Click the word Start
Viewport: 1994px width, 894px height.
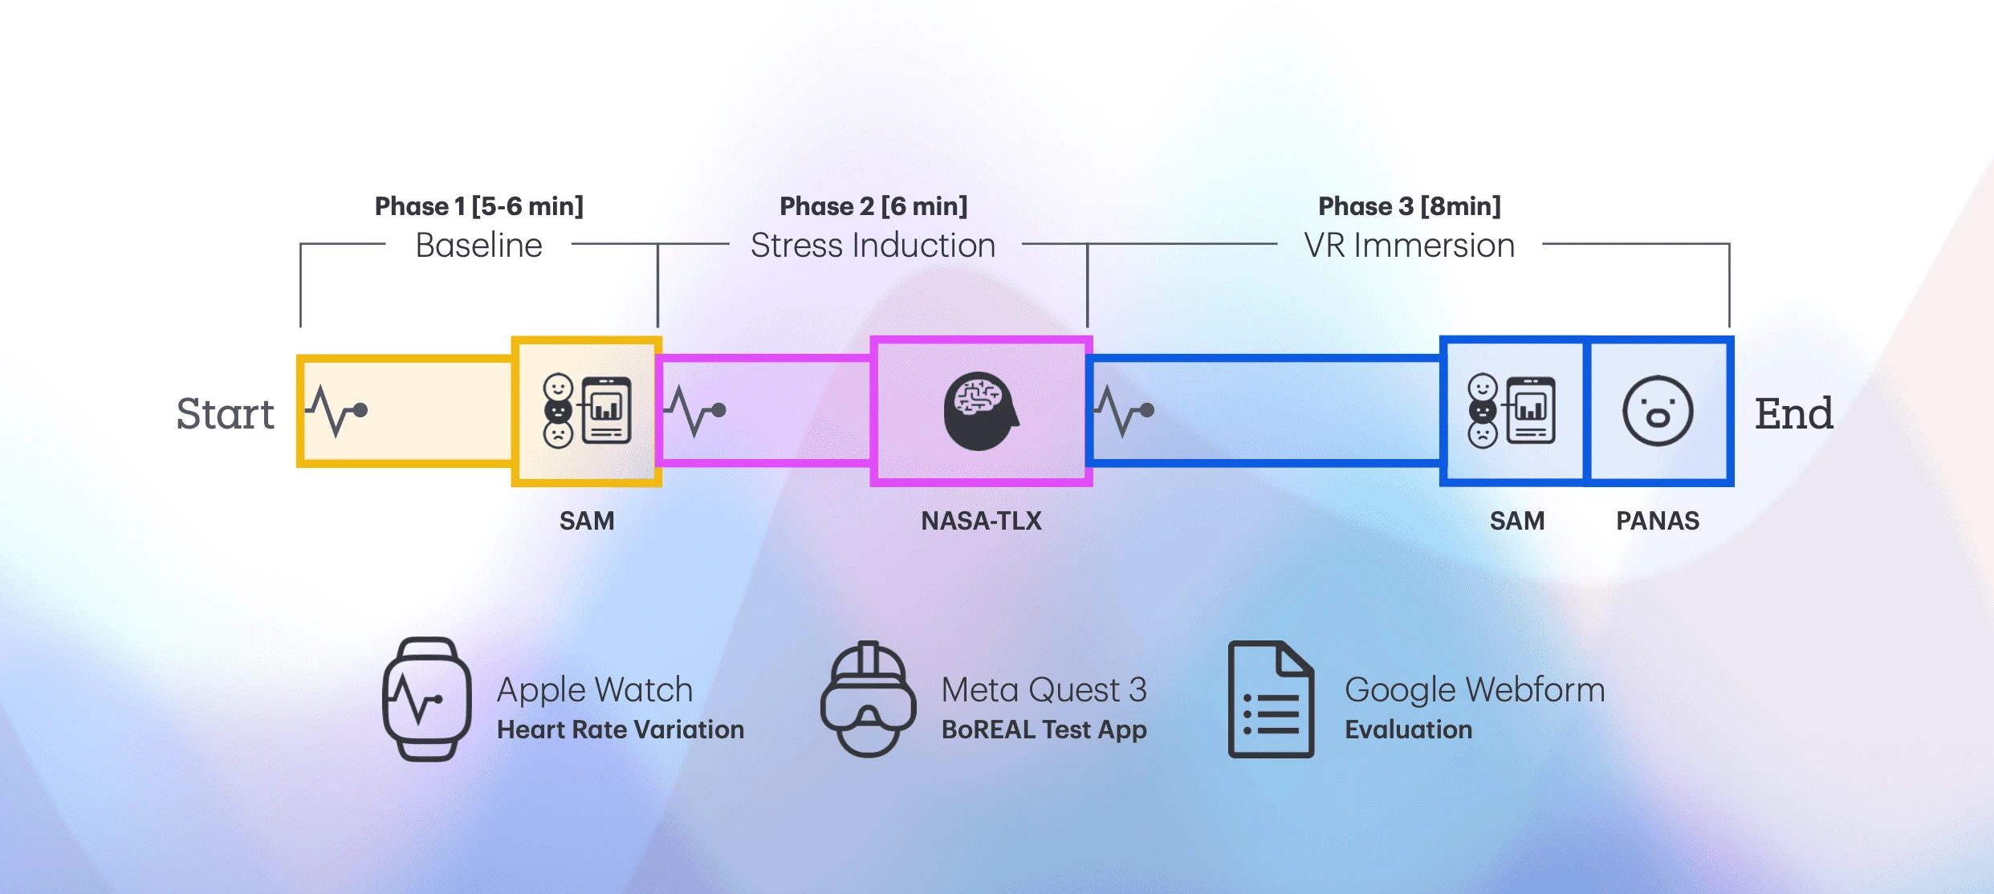tap(225, 414)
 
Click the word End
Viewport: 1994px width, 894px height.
tap(1793, 414)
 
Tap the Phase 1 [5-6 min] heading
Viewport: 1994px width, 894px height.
tap(479, 206)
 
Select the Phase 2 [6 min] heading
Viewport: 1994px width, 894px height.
tap(873, 206)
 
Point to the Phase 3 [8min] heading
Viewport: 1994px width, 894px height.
tap(1410, 206)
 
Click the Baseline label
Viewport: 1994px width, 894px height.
tap(479, 246)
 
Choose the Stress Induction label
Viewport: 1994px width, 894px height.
tap(873, 246)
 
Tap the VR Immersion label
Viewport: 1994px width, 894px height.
tap(1410, 246)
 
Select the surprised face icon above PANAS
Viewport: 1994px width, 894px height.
tap(1658, 411)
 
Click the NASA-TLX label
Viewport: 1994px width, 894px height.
tap(981, 521)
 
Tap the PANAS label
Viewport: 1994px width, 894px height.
tap(1658, 521)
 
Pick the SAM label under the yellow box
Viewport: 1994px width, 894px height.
tap(587, 521)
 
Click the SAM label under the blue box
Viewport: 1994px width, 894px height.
tap(1517, 521)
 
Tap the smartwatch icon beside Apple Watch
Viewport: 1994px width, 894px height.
tap(426, 699)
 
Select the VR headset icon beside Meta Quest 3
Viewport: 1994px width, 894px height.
tap(868, 699)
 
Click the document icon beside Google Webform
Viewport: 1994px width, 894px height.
tap(1271, 699)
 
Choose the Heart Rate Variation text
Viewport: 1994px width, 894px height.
tap(621, 729)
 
